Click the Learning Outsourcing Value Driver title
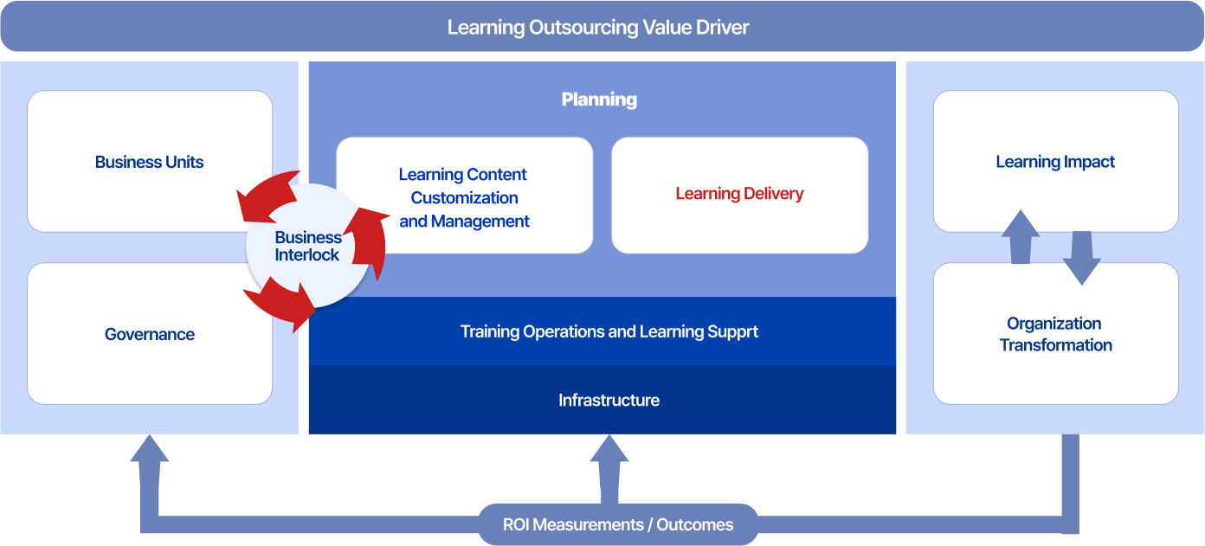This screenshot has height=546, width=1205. click(x=598, y=27)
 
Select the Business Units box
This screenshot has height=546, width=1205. click(x=150, y=162)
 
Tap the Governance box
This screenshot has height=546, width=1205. click(x=150, y=334)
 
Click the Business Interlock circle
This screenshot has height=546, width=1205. click(x=307, y=246)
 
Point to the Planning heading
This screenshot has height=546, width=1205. click(x=599, y=100)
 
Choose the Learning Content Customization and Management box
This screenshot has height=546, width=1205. click(x=464, y=197)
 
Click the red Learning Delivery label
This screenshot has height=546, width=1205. click(x=739, y=194)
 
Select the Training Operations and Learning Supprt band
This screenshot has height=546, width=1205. click(x=609, y=331)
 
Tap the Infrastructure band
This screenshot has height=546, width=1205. click(x=609, y=400)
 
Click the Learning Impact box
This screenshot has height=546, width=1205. click(x=1055, y=162)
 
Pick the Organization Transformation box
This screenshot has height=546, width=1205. click(x=1055, y=334)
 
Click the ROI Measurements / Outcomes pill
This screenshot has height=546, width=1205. click(x=617, y=524)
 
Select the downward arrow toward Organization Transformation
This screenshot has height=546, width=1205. click(x=1081, y=259)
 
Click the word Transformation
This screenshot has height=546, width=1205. click(x=1055, y=345)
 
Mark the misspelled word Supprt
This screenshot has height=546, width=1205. click(x=733, y=331)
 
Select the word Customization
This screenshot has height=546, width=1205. click(x=464, y=197)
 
